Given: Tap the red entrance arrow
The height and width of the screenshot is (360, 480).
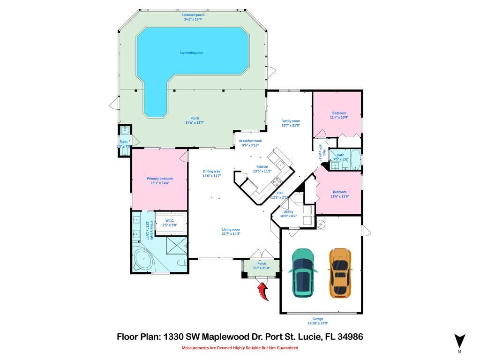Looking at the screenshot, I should pyautogui.click(x=263, y=290).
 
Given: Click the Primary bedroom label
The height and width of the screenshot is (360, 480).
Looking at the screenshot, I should pyautogui.click(x=160, y=179).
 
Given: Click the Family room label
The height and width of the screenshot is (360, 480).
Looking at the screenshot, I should pyautogui.click(x=290, y=121).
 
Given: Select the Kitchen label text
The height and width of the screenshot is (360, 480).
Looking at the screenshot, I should pyautogui.click(x=262, y=167).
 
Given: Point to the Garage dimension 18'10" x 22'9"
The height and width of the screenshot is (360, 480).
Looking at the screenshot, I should pyautogui.click(x=321, y=323).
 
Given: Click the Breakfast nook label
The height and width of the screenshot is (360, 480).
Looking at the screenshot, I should pyautogui.click(x=250, y=141).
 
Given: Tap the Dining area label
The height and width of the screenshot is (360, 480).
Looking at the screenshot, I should pyautogui.click(x=211, y=171).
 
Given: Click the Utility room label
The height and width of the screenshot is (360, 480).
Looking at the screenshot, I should pyautogui.click(x=288, y=212).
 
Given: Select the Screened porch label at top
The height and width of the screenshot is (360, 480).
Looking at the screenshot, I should pyautogui.click(x=193, y=15).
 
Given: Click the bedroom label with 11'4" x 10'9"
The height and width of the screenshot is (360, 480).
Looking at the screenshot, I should pyautogui.click(x=339, y=113).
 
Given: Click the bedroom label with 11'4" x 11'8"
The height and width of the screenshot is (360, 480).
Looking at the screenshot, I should pyautogui.click(x=339, y=192).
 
